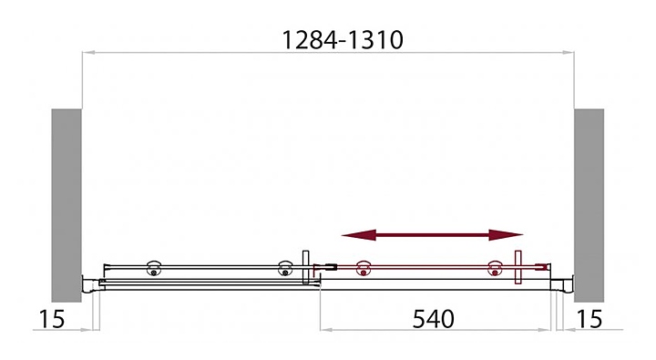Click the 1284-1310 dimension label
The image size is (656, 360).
click(343, 40)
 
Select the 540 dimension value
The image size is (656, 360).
click(433, 319)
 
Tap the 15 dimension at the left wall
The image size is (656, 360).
click(52, 319)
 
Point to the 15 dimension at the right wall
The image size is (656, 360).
click(589, 319)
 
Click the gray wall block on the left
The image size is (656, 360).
click(67, 205)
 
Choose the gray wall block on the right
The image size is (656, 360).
click(589, 205)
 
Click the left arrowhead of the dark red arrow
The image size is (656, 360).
click(359, 235)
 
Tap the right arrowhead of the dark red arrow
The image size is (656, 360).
click(506, 235)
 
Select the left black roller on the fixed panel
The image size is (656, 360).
click(154, 268)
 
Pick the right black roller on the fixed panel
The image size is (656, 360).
click(285, 268)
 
